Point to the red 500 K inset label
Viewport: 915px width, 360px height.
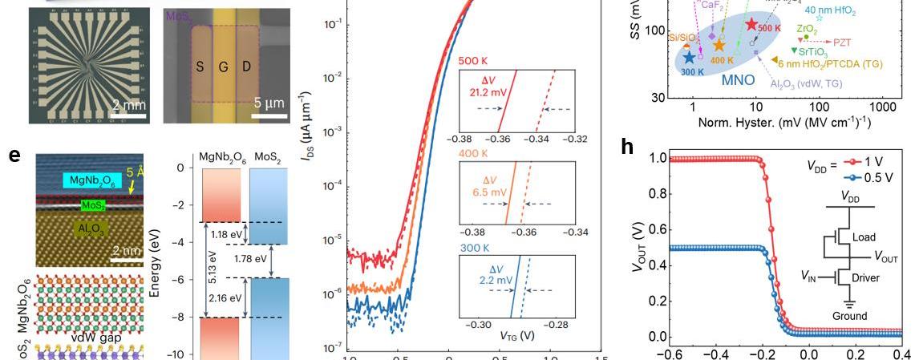(x=474, y=61)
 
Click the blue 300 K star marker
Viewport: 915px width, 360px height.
(x=690, y=58)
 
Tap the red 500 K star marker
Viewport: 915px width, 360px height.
(x=751, y=24)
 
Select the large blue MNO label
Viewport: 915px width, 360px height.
(x=738, y=80)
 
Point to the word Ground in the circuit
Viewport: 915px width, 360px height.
(x=849, y=316)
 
